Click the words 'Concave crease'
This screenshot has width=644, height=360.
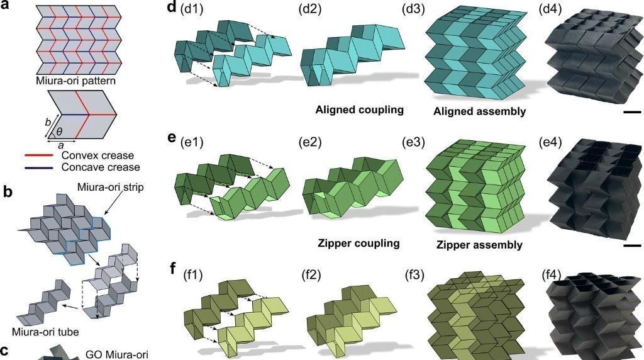[101, 167]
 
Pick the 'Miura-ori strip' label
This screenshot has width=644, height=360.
[116, 188]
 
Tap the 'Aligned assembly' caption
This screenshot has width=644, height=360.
[479, 112]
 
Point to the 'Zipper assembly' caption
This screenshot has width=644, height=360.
[479, 244]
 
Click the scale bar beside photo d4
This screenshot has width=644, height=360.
[633, 113]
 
